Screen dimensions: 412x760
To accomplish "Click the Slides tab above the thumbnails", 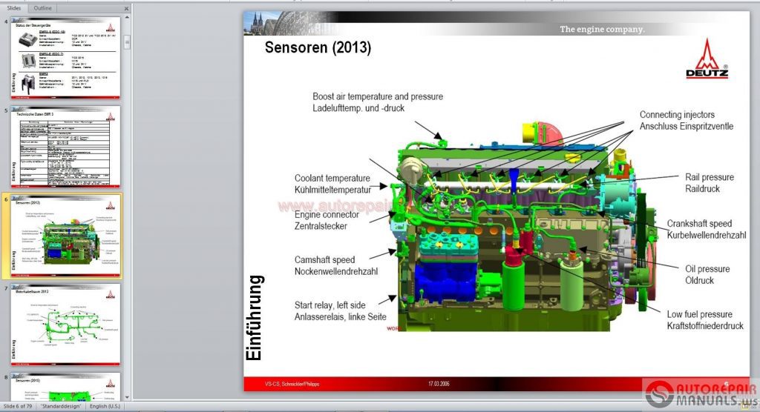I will pos(13,7).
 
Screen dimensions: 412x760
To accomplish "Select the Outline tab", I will pos(43,7).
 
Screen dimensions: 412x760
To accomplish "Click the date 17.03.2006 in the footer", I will pos(441,384).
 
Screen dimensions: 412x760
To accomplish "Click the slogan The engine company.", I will pos(602,30).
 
